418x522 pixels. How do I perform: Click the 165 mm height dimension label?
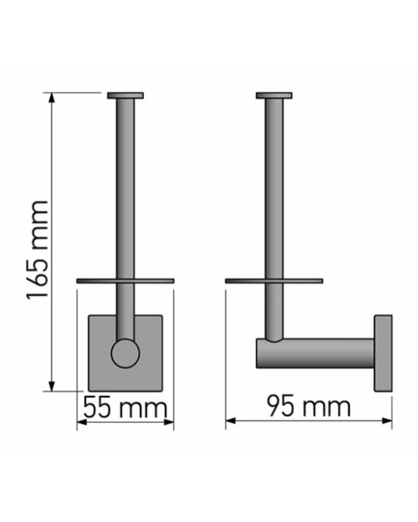pos(38,251)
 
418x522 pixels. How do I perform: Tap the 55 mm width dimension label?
pos(125,408)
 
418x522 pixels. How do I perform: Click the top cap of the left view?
pos(125,96)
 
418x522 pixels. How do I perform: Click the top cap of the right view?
pos(274,96)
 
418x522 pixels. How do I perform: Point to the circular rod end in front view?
pos(125,353)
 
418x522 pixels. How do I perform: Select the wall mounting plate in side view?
pos(383,353)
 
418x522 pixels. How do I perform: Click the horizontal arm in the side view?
pos(315,353)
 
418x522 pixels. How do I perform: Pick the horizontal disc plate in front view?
pos(125,281)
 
